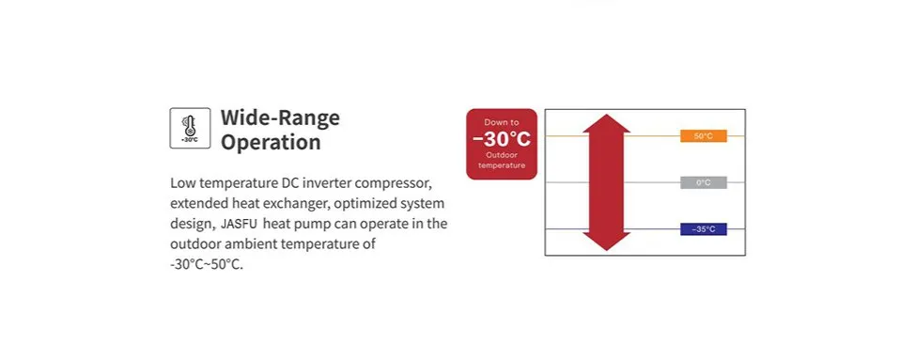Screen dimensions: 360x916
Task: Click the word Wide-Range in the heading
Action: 280,118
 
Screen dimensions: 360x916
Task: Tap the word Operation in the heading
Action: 271,143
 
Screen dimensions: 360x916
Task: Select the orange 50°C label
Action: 703,136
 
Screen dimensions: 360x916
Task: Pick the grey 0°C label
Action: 703,182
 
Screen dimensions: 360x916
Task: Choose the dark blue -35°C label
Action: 703,229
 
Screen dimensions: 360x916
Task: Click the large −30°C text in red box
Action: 502,139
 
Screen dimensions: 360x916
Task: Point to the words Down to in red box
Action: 502,122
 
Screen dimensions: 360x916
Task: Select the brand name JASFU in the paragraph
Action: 241,224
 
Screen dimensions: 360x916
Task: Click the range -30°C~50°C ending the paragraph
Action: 207,264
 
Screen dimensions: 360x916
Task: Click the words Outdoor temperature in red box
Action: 502,160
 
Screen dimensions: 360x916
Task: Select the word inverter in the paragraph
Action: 324,182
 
